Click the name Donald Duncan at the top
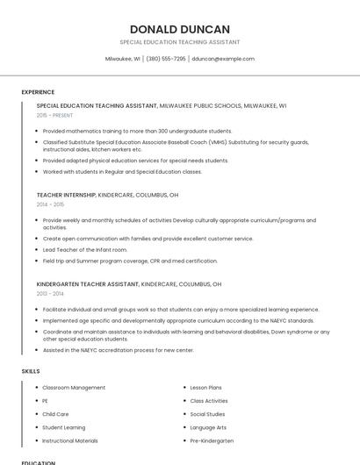click(180, 29)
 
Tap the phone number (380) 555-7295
click(166, 59)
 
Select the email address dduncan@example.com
click(223, 59)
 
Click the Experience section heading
click(38, 92)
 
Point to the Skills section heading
click(31, 371)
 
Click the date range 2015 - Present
click(55, 115)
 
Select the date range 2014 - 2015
click(50, 204)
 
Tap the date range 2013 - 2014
click(50, 294)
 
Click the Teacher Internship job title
click(66, 195)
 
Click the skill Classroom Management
click(74, 387)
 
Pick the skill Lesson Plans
click(205, 387)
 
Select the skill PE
click(46, 400)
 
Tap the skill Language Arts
click(208, 427)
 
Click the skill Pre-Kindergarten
click(212, 440)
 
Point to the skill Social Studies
click(207, 414)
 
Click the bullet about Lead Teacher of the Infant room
click(86, 250)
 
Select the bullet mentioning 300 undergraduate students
click(137, 131)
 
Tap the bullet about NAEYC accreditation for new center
click(119, 350)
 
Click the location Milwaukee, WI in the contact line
click(123, 59)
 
